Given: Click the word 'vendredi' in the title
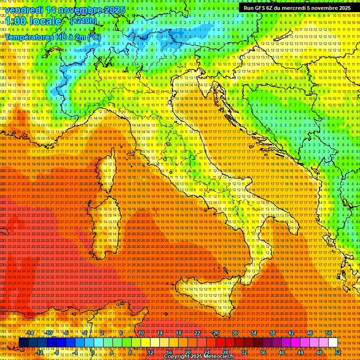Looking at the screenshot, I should tap(26, 10).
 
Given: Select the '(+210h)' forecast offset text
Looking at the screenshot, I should tap(83, 21).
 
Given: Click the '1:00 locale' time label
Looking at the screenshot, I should tap(33, 21).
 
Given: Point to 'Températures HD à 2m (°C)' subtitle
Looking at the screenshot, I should tap(53, 37).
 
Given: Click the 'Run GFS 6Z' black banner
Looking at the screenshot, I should tap(297, 8).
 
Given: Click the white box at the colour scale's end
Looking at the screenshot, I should tap(333, 343).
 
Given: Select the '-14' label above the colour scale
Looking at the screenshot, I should tap(30, 333).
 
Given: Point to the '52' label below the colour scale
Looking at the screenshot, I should tap(337, 352).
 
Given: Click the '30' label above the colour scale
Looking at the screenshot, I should tap(234, 333).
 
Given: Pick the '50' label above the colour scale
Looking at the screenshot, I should tap(328, 333).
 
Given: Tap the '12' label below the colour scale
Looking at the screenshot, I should tap(150, 352).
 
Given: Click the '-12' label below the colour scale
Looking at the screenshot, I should tap(40, 352).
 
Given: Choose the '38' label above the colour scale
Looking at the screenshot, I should tap(272, 333).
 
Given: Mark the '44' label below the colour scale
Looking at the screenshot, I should tap(300, 352).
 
